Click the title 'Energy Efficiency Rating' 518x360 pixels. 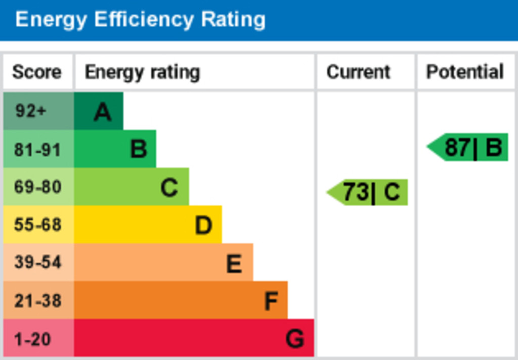[x=140, y=20]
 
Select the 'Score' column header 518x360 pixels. [x=36, y=72]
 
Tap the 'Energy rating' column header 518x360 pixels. [x=142, y=72]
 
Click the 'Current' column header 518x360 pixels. [x=358, y=72]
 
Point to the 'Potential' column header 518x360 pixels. [x=464, y=72]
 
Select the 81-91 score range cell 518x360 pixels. [x=37, y=150]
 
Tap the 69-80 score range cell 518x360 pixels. [x=37, y=187]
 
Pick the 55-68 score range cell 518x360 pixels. [x=37, y=224]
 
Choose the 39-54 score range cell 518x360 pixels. [x=37, y=262]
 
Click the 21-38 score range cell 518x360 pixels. [x=37, y=300]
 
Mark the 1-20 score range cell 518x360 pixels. [x=33, y=338]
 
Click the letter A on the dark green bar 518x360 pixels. [x=103, y=112]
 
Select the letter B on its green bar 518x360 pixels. [x=138, y=150]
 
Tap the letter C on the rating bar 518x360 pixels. [x=169, y=188]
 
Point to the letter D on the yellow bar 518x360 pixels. [x=203, y=226]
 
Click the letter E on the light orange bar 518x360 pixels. [x=233, y=263]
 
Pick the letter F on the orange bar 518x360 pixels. [x=271, y=301]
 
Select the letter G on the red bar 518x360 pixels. [x=294, y=339]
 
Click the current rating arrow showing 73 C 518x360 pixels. [x=368, y=193]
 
